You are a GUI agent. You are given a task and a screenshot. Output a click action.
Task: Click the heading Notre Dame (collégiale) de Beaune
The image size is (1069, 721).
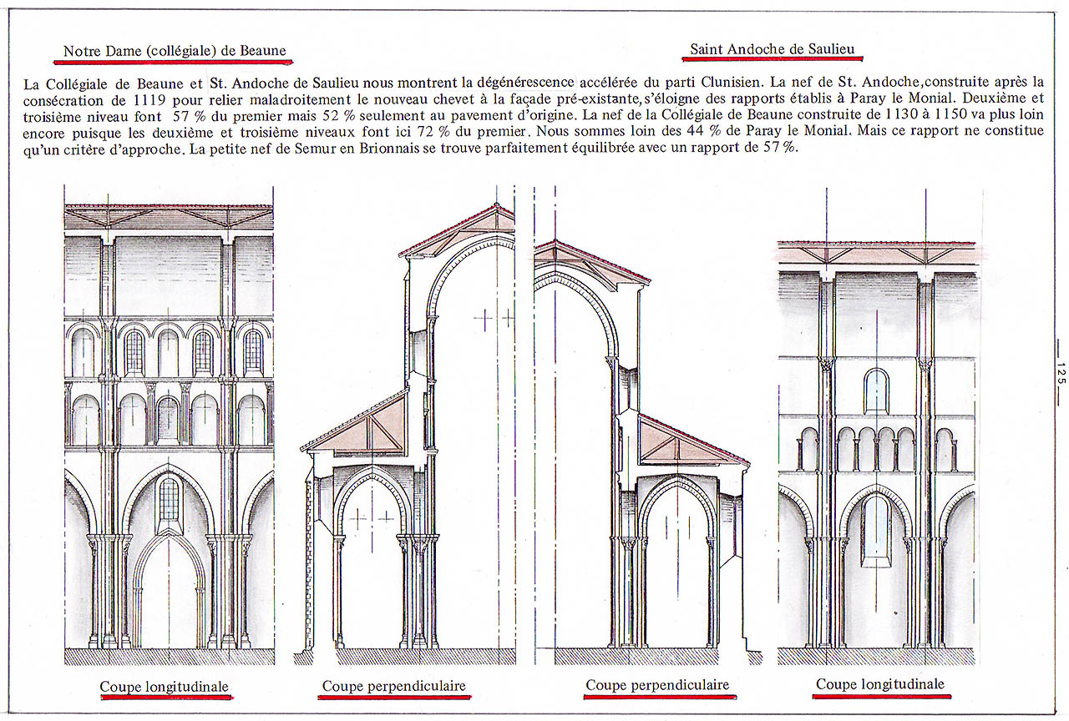[175, 51]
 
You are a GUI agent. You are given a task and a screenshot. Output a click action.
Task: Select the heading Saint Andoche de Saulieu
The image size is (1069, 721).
[773, 48]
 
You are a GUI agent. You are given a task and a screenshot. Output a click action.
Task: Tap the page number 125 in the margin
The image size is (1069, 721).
[1061, 373]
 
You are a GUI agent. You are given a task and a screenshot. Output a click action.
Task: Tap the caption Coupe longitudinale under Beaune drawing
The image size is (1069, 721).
[165, 687]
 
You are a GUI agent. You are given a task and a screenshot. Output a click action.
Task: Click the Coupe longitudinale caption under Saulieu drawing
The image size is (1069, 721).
[880, 683]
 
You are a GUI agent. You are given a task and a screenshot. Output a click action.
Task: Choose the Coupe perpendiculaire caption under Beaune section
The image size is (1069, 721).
[393, 686]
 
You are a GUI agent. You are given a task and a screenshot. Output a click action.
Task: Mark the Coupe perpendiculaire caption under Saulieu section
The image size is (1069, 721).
[657, 685]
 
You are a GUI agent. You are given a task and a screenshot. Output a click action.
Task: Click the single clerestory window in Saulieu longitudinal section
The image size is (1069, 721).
[876, 391]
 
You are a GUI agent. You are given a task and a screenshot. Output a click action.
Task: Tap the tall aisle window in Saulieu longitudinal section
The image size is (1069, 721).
[876, 531]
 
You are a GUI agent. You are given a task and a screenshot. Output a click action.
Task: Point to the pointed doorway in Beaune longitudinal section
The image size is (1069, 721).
[169, 592]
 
